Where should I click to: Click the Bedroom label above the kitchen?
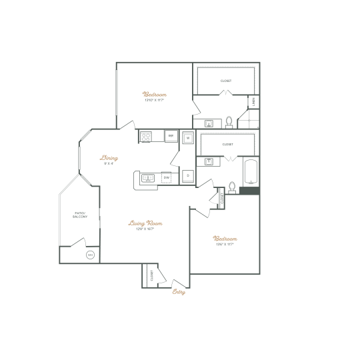coord(155,95)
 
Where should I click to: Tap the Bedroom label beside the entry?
coord(225,239)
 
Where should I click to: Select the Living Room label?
coord(146,224)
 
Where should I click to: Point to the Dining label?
coord(109,159)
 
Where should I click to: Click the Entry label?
coord(178,291)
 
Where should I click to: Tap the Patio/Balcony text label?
coord(79,215)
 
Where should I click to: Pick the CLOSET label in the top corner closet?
coord(226,81)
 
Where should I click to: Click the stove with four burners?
coord(146,137)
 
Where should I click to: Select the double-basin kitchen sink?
coord(148,177)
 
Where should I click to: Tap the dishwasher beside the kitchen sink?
coord(166,177)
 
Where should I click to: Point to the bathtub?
coord(251,172)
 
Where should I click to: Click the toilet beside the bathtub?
coord(232,187)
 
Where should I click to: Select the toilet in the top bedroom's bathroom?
coord(229,122)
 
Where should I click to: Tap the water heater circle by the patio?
coord(90,255)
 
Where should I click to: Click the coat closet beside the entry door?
coord(151,275)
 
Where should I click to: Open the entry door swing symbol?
coord(178,283)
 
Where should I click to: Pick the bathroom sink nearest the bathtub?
coord(209,161)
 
